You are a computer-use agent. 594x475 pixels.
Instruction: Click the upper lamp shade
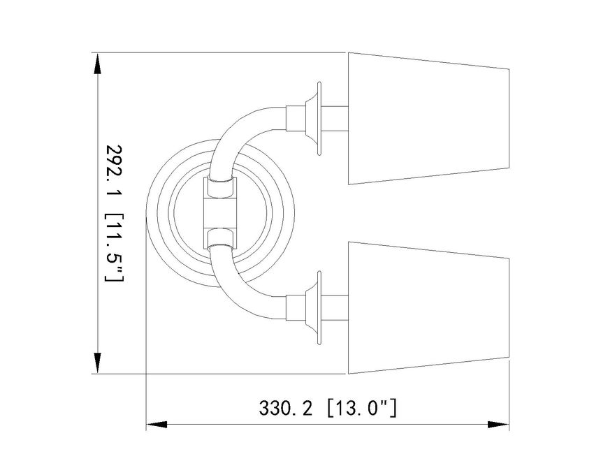click(428, 119)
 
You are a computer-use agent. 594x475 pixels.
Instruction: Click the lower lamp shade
click(428, 307)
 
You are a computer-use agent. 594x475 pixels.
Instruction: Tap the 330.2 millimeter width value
click(286, 409)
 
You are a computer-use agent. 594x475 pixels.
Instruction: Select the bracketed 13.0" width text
click(361, 408)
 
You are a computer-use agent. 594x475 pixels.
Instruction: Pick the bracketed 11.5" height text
click(114, 248)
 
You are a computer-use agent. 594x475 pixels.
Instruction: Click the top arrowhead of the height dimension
click(98, 64)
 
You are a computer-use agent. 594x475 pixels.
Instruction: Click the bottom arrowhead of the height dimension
click(98, 363)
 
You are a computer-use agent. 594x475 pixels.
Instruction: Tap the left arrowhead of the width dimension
click(157, 425)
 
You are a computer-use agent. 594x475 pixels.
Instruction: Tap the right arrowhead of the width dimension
click(498, 425)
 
